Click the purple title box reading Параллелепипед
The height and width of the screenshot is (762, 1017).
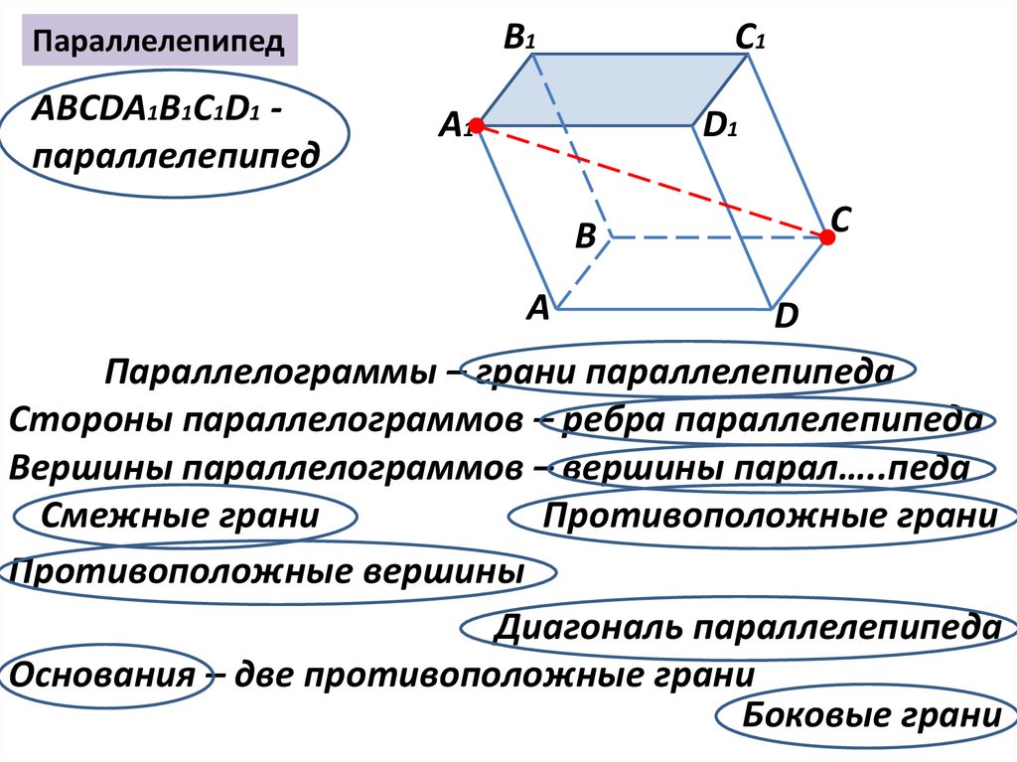(x=160, y=42)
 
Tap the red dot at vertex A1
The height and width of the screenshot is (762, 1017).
(x=476, y=126)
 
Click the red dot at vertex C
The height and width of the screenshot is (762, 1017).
(x=826, y=236)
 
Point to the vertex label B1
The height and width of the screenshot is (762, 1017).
(x=519, y=39)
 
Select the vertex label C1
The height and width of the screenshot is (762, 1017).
(x=749, y=39)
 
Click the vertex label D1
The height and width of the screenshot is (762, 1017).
(x=719, y=127)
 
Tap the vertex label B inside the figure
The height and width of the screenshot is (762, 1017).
(x=585, y=237)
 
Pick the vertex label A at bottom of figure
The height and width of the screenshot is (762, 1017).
(x=537, y=309)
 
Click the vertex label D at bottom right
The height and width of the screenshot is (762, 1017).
(x=787, y=318)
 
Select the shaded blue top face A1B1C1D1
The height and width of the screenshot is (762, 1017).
(x=616, y=91)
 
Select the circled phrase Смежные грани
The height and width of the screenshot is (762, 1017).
(x=181, y=517)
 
